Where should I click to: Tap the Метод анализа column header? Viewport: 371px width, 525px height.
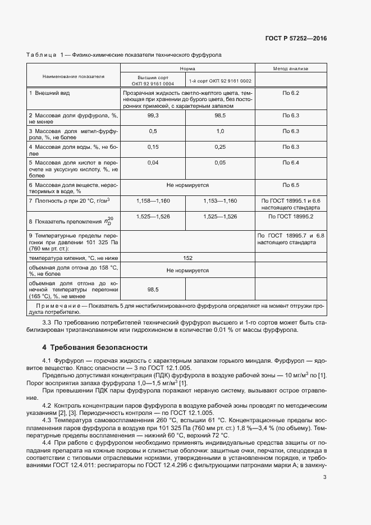tap(291, 69)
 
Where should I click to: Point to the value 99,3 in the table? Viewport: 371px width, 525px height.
tap(153, 115)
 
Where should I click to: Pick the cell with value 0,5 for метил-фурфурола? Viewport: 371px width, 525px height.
tap(153, 131)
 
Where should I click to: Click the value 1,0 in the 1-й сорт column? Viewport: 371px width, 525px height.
tap(220, 131)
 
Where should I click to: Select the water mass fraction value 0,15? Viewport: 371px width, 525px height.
tap(153, 147)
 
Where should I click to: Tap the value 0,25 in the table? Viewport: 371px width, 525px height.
tap(220, 147)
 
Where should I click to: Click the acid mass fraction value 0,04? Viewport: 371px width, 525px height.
tap(153, 163)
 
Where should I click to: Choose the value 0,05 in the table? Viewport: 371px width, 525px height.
tap(220, 163)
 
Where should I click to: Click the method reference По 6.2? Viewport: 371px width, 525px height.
tap(291, 92)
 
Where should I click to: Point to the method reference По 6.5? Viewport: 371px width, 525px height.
tap(291, 185)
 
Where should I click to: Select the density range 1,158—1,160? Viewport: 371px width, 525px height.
tap(153, 200)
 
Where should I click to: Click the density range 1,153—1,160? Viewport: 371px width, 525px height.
tap(220, 200)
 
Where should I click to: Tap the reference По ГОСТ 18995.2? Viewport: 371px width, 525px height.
tap(291, 216)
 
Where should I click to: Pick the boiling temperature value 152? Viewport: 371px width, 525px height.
tap(187, 258)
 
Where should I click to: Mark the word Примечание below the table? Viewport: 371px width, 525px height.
tap(58, 306)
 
